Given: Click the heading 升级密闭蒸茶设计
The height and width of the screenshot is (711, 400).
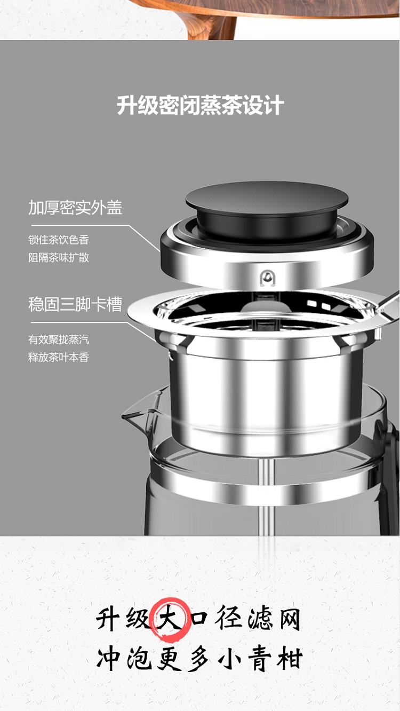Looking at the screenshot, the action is click(200, 105).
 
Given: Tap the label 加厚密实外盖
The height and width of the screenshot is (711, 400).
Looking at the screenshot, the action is click(76, 208).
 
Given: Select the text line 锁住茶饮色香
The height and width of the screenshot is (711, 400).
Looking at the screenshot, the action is click(59, 240).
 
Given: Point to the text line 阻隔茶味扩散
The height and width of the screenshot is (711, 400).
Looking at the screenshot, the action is click(59, 257).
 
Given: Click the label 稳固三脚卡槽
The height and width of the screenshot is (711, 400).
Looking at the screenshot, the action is click(76, 304).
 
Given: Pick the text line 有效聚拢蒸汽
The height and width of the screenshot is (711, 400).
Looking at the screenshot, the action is click(59, 339).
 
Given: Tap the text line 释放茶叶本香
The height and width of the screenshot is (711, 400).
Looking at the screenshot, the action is click(59, 358).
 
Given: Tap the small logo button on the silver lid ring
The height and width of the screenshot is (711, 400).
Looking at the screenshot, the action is click(267, 279).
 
